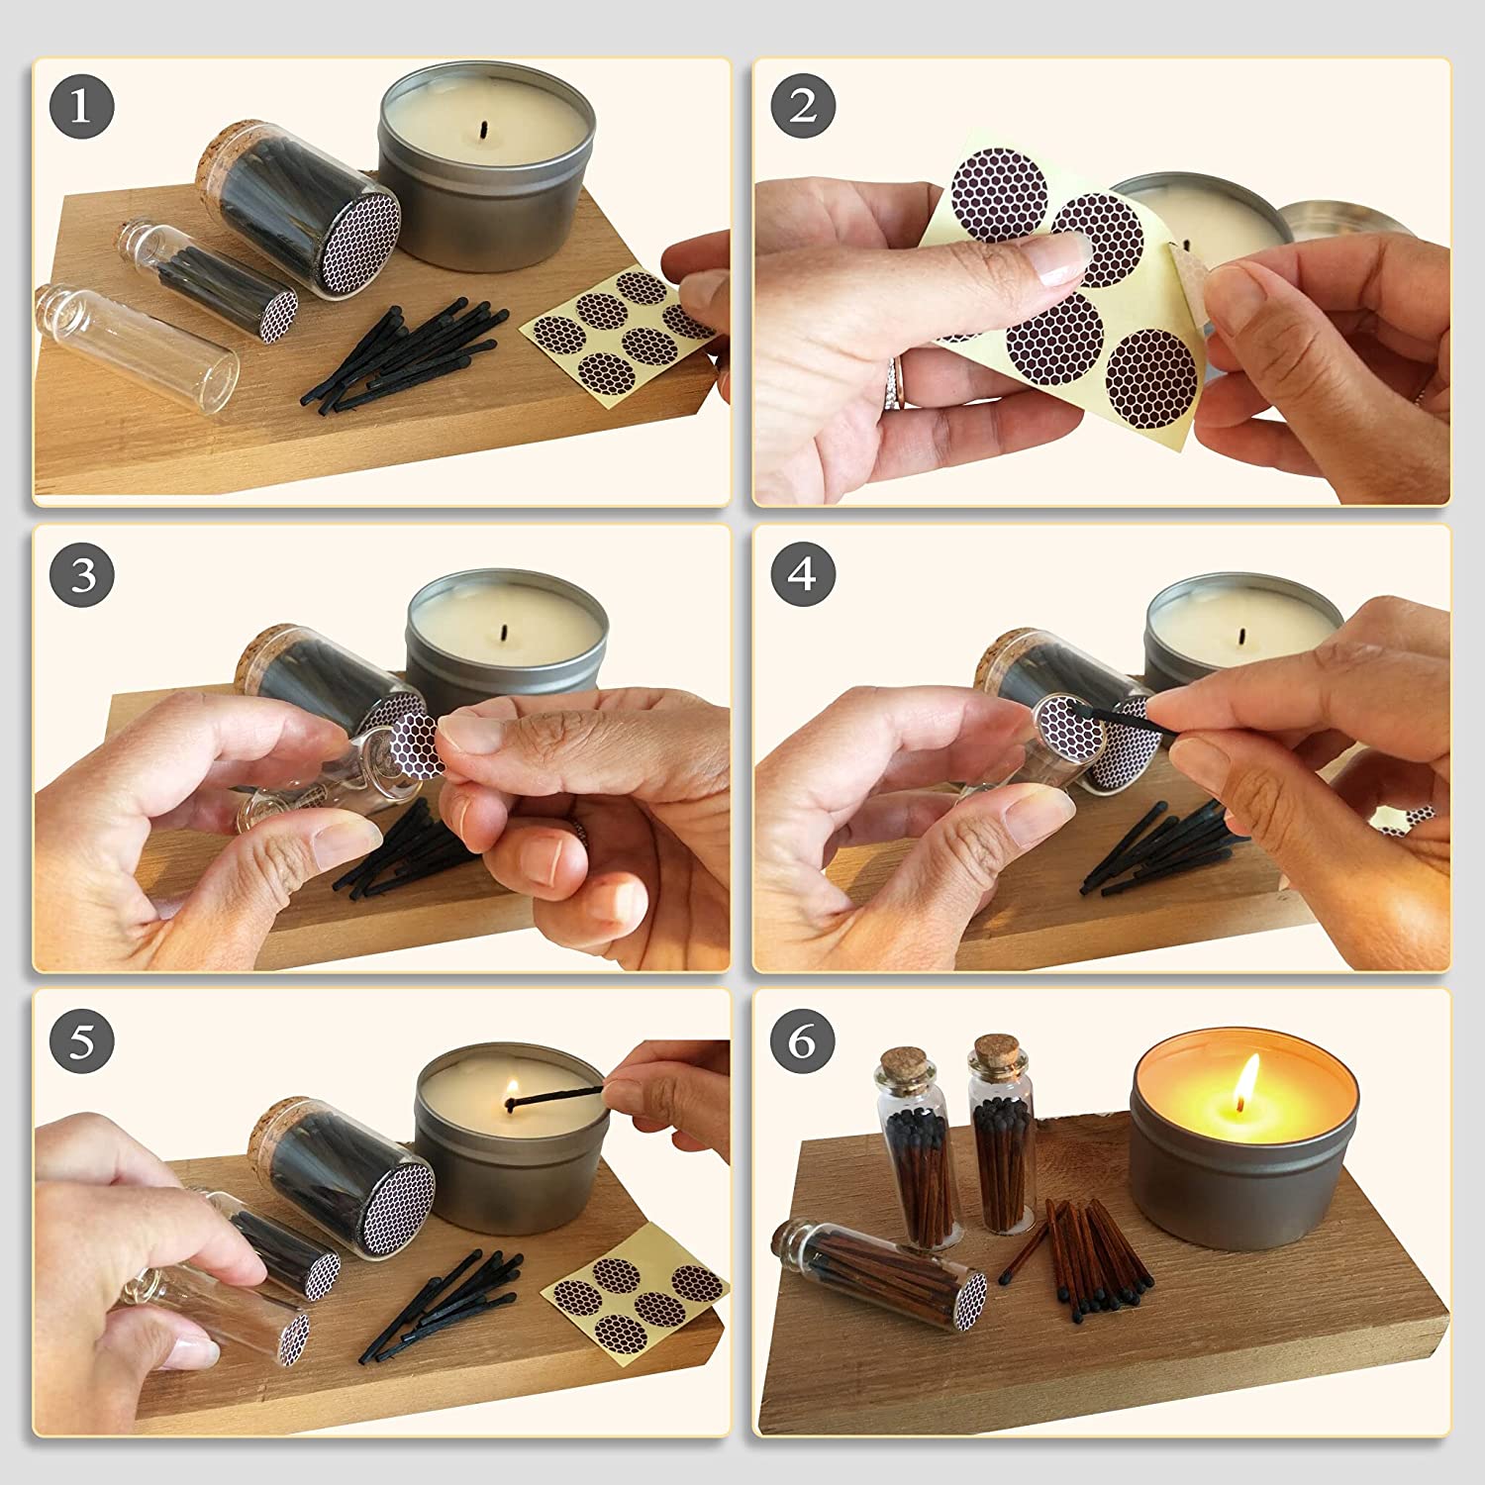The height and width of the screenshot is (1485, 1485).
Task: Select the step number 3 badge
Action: [x=81, y=574]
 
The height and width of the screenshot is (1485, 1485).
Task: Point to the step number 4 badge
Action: [x=802, y=574]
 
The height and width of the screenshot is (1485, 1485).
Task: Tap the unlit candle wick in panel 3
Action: [x=505, y=631]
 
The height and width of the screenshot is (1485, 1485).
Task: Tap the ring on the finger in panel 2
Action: [x=897, y=382]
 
